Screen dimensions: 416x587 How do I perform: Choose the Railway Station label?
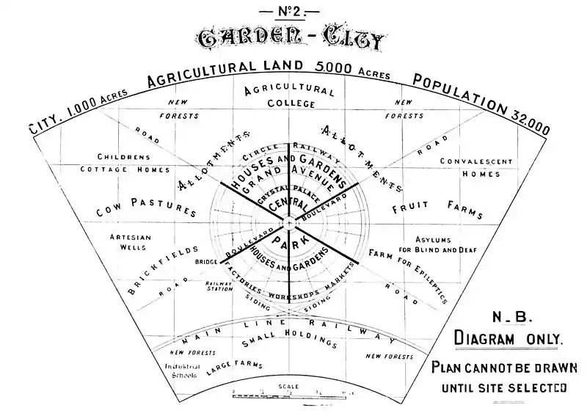click(218, 287)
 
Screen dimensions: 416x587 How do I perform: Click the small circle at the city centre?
click(289, 221)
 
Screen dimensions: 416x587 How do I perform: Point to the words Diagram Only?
click(509, 339)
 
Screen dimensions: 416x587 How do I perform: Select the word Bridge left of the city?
click(205, 262)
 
